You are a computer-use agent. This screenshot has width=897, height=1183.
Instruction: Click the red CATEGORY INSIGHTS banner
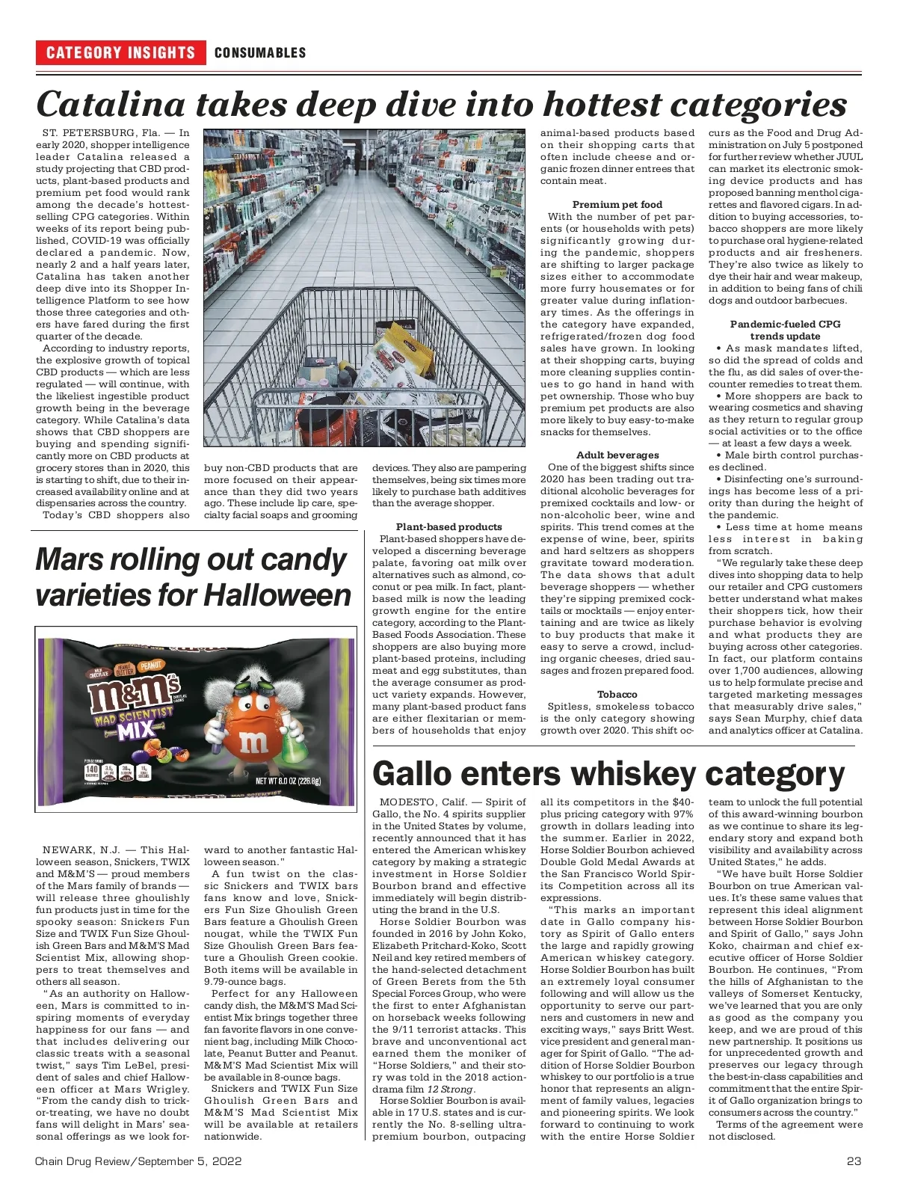click(x=120, y=52)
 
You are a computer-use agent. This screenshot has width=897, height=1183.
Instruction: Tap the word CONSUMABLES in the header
click(x=260, y=52)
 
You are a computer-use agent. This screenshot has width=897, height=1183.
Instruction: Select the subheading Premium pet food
click(x=617, y=204)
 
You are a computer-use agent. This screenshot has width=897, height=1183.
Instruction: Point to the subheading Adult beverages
click(x=617, y=455)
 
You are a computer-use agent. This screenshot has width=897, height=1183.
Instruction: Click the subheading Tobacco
click(x=617, y=694)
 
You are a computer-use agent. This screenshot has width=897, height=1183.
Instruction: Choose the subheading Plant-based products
click(x=449, y=526)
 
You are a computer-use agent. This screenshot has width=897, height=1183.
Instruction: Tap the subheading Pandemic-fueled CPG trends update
click(x=785, y=330)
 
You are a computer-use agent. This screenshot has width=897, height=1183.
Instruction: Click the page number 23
click(x=854, y=1161)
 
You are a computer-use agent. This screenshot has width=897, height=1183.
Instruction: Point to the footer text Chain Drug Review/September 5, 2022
click(x=138, y=1161)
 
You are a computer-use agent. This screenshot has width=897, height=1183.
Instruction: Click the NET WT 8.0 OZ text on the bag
click(x=288, y=781)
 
